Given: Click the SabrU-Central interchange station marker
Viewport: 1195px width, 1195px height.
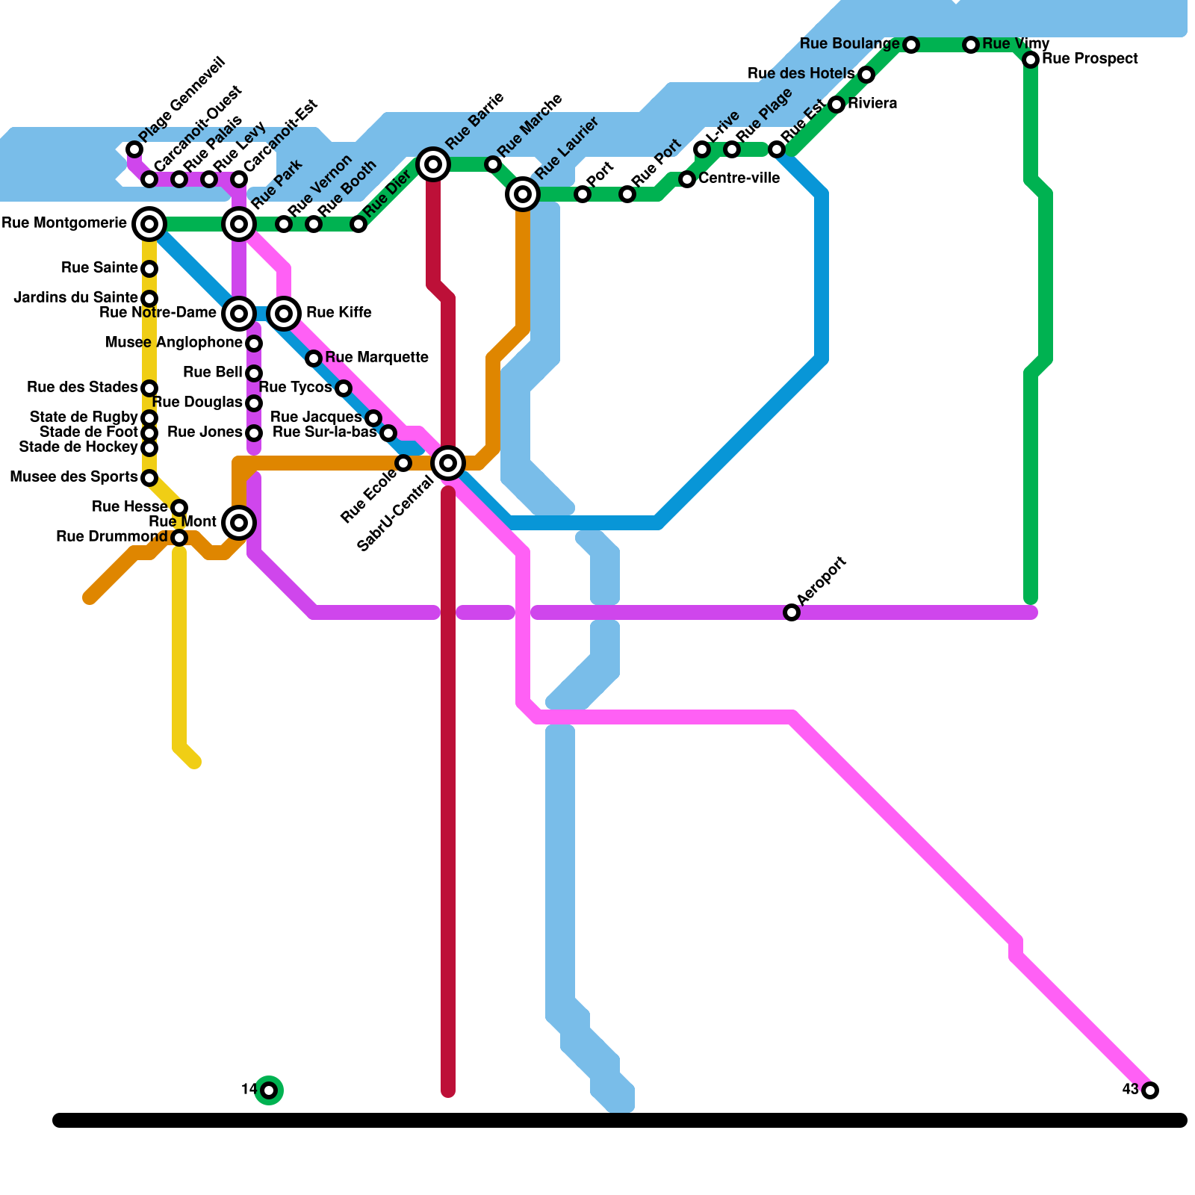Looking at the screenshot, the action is tap(448, 463).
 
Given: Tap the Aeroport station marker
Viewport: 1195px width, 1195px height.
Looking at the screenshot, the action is tap(792, 612).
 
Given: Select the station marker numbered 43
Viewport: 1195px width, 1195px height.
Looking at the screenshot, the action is tap(1150, 1090).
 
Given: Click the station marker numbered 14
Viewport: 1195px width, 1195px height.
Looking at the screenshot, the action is tap(269, 1090).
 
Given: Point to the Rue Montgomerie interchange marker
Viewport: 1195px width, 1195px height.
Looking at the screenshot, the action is tap(149, 223).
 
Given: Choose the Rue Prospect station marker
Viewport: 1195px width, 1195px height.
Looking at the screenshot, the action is tap(1031, 59).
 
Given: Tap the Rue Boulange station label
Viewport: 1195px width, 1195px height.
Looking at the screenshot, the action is tap(849, 44).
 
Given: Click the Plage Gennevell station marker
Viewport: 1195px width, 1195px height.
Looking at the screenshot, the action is tap(134, 149).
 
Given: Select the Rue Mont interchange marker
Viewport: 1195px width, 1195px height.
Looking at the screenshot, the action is tap(239, 522).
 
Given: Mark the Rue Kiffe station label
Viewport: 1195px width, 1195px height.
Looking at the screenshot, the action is tap(338, 312).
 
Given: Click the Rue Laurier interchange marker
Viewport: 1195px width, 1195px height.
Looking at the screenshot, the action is tap(523, 194).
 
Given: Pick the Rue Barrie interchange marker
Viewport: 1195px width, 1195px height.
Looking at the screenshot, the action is tap(433, 164).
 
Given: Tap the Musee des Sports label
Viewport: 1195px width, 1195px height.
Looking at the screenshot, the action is tap(73, 477).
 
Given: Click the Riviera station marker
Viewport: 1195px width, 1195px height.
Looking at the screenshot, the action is tap(836, 105).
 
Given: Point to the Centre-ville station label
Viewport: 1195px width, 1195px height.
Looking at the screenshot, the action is tap(739, 179).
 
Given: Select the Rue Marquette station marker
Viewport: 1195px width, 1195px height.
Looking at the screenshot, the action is tap(314, 358).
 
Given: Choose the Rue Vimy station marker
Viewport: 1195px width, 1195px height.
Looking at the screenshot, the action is tap(971, 45).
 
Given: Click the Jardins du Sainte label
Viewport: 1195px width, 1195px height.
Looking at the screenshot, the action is tap(75, 297).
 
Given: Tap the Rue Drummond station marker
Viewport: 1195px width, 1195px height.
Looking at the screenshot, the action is tap(179, 538).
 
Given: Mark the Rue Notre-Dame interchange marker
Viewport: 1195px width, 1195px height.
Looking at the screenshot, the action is tap(239, 313).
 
